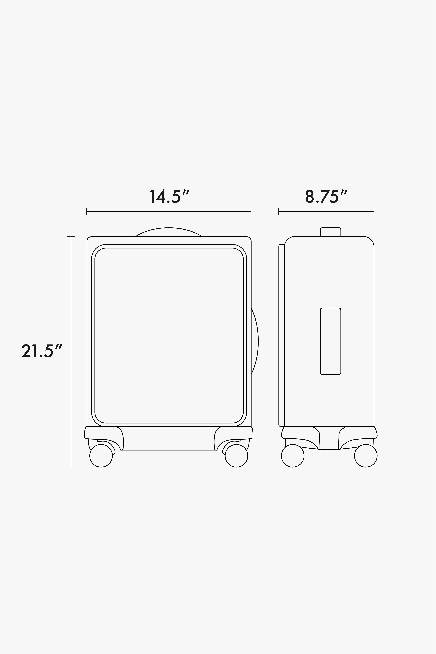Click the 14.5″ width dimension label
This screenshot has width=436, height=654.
coord(170,196)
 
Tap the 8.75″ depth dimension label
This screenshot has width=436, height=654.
coord(327,196)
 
